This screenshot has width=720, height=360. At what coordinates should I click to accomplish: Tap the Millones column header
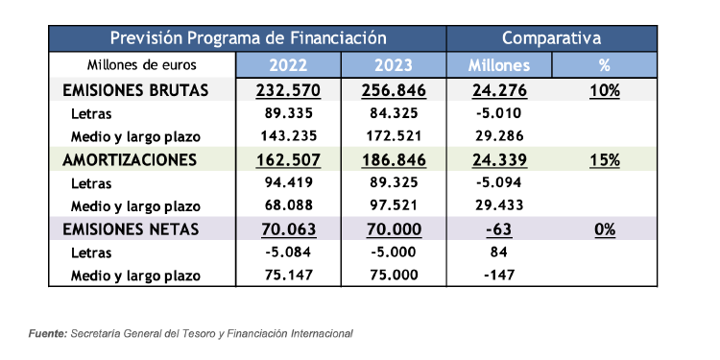point(499,66)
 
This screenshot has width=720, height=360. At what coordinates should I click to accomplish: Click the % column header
point(605,66)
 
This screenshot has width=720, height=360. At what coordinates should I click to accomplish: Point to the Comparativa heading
point(552,38)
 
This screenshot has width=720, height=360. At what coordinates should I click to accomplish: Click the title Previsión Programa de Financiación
point(248,38)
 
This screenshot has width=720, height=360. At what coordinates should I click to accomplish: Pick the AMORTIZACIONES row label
point(130,159)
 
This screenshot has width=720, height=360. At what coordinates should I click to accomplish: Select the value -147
point(499,276)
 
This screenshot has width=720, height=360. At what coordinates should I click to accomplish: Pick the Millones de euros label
point(141,66)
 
